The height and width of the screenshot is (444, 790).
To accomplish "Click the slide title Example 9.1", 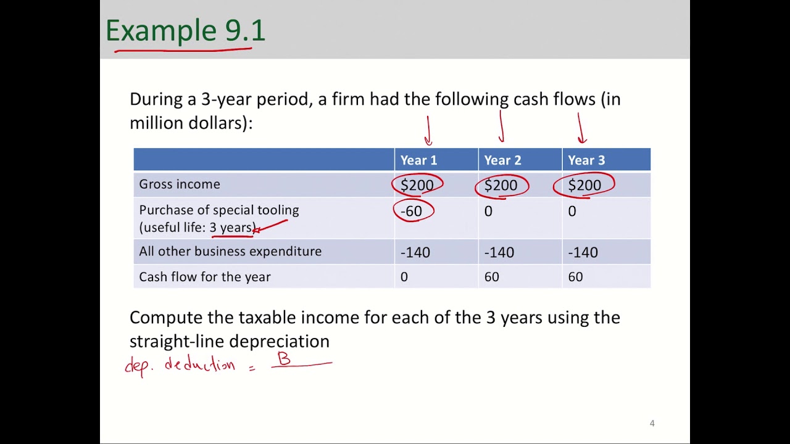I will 185,31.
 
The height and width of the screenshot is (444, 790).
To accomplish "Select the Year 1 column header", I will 418,160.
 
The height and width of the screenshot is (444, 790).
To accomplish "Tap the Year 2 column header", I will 502,160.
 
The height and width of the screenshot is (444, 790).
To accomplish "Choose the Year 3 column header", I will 586,160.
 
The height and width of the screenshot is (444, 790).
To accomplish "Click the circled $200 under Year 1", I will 417,185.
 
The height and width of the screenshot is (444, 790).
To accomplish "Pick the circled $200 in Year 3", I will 584,185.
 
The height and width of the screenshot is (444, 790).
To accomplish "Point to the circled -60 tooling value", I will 412,212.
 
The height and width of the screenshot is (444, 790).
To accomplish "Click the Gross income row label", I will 180,184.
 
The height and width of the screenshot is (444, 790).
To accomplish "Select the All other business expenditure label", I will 230,252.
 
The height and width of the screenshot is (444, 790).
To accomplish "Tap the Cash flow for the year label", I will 205,277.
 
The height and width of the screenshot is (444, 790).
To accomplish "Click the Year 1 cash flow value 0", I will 404,277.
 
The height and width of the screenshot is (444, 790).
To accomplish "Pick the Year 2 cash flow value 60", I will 491,277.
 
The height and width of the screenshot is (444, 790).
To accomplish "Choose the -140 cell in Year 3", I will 583,252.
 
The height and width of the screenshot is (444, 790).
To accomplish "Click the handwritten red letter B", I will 284,359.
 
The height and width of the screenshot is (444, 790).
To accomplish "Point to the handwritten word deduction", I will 199,364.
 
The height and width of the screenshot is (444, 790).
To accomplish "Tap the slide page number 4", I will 652,423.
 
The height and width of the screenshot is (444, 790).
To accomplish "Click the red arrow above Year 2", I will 501,127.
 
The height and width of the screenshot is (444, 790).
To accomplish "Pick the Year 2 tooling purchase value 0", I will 488,212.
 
